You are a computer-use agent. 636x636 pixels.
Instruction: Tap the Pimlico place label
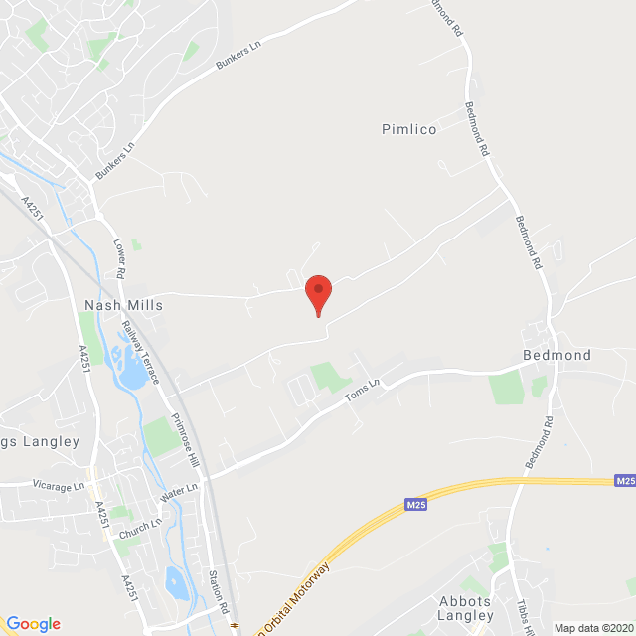click(409, 129)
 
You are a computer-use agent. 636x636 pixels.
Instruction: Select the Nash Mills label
click(124, 306)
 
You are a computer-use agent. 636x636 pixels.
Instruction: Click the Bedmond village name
click(556, 355)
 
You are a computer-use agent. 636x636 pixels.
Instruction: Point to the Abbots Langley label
click(466, 608)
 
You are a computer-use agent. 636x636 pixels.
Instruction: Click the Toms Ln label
click(363, 392)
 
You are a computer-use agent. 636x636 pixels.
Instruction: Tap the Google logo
click(33, 623)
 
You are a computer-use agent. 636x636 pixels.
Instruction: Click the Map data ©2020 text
click(592, 628)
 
